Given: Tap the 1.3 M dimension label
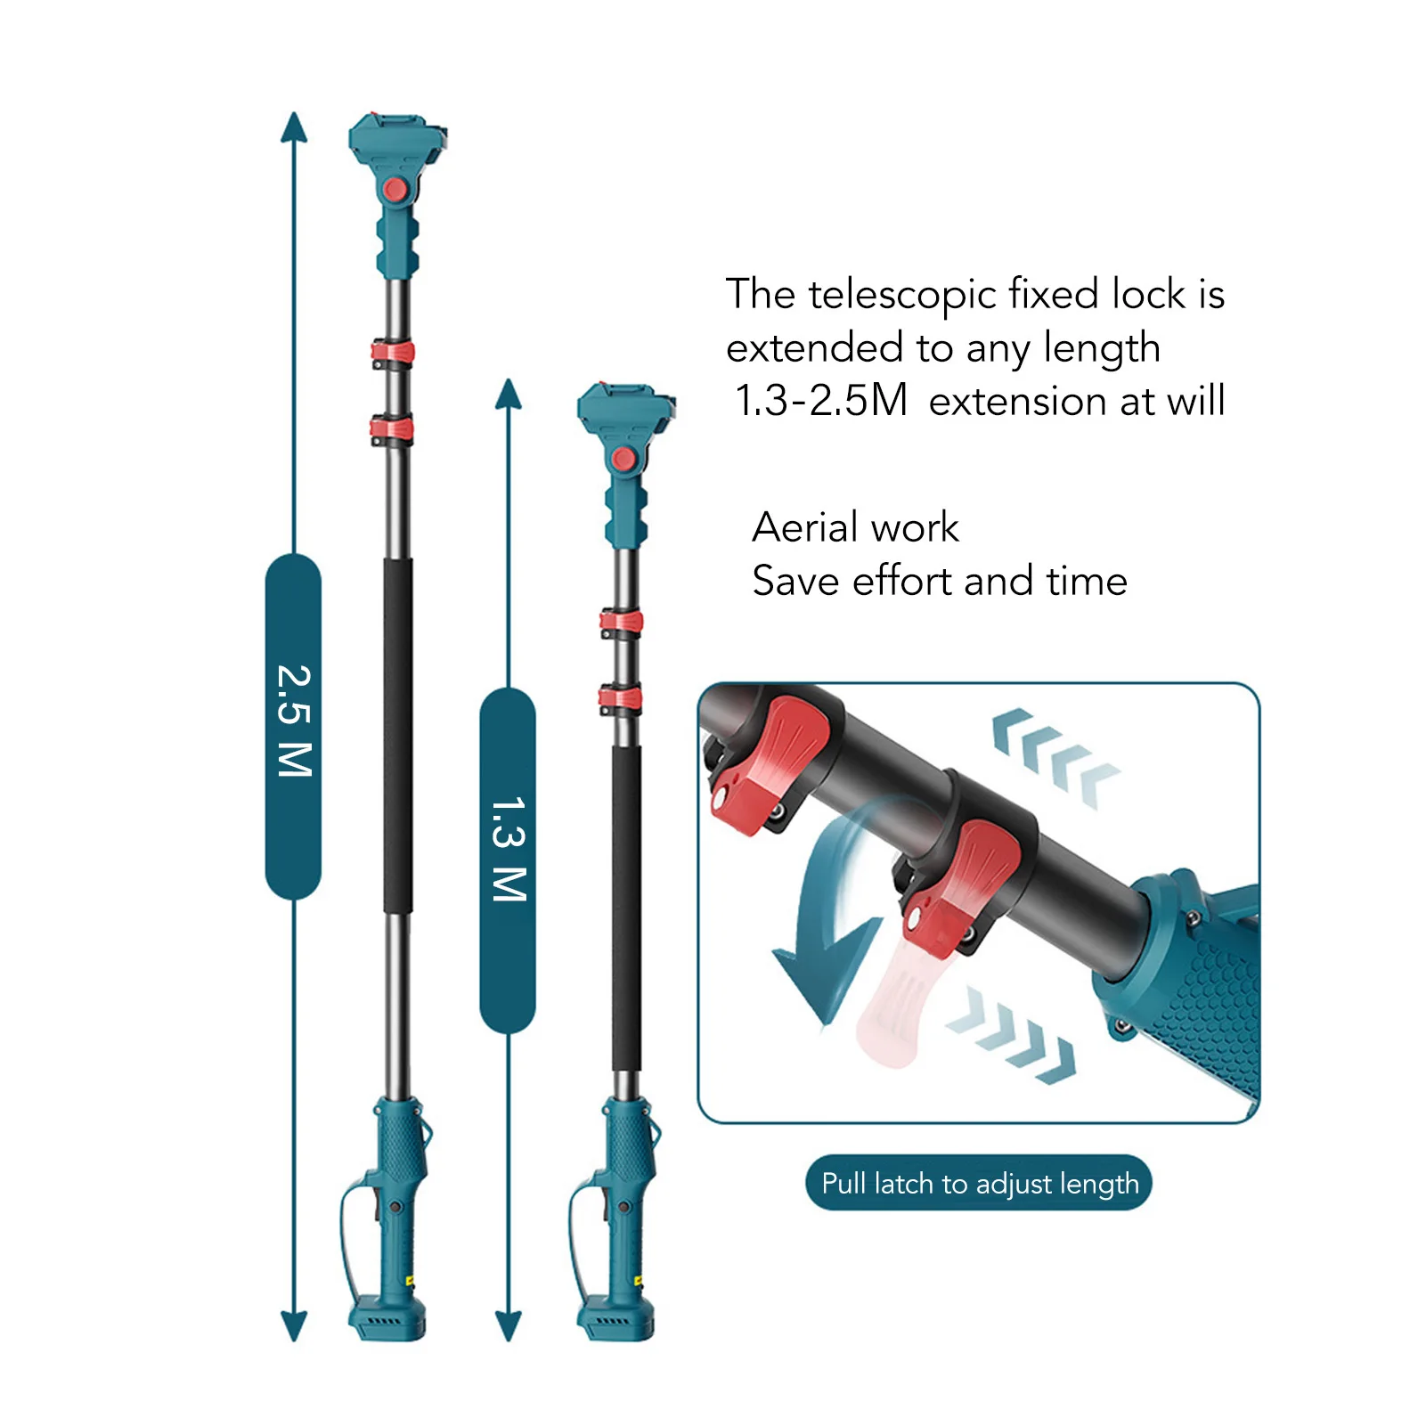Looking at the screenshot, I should (508, 852).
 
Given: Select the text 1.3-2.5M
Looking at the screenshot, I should (819, 400).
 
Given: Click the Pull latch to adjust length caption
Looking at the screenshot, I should (979, 1184).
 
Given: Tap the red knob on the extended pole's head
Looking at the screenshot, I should (395, 190).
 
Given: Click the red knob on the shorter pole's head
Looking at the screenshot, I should (623, 460).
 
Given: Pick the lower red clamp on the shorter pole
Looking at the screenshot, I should (621, 699).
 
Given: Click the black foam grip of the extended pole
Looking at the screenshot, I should (398, 735).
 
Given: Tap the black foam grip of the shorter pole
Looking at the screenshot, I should (626, 909).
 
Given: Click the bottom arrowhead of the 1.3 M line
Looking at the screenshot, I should (508, 1326).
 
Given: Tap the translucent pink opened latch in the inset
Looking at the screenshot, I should (891, 1006).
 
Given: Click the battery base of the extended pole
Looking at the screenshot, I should (387, 1318).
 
